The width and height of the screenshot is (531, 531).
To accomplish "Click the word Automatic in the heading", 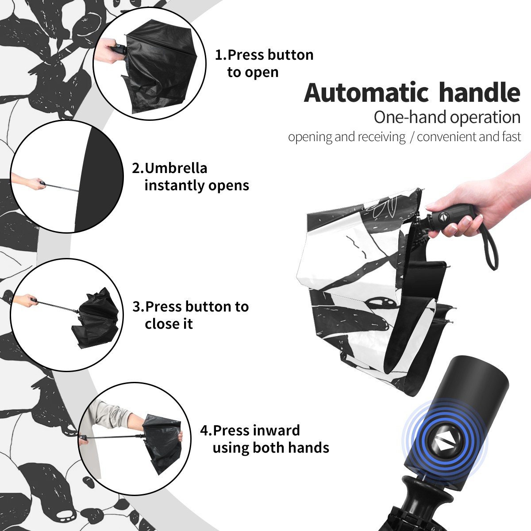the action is click(x=366, y=92).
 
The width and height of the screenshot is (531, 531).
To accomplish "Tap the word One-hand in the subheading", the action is click(x=411, y=117).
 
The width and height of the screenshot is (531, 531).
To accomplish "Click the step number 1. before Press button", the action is click(x=220, y=55).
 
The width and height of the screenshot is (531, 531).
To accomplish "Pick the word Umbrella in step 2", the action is click(x=176, y=168).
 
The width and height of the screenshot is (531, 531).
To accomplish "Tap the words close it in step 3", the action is click(x=169, y=324).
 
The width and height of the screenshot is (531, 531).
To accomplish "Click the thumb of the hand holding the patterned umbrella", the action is click(x=439, y=206).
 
